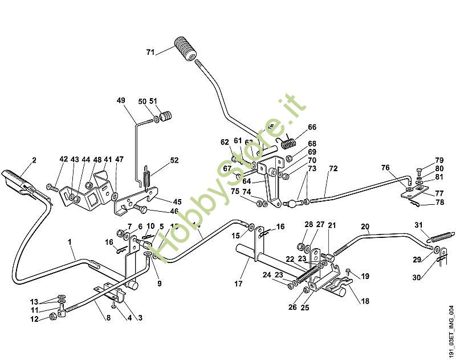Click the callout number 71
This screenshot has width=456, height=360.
click(x=150, y=52)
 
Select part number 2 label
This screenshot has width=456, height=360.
click(x=34, y=160)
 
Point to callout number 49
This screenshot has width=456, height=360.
click(x=121, y=101)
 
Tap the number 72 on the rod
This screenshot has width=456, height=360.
click(x=333, y=169)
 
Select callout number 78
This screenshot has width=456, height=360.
click(x=439, y=202)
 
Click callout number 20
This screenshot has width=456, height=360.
click(x=365, y=226)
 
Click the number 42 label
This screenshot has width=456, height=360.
click(x=63, y=160)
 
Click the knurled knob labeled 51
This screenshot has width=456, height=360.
click(x=166, y=117)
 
